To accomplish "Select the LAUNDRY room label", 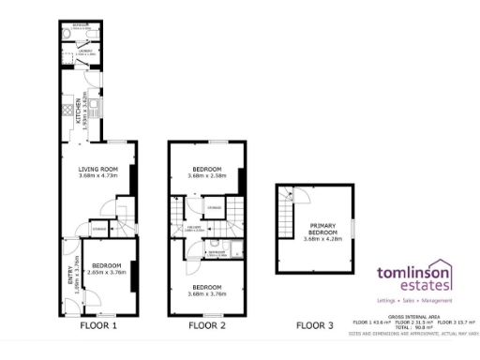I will click(x=83, y=51).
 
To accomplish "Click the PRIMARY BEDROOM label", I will click(x=315, y=230).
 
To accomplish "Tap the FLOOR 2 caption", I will click(x=207, y=326).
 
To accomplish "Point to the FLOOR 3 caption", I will click(x=314, y=326).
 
